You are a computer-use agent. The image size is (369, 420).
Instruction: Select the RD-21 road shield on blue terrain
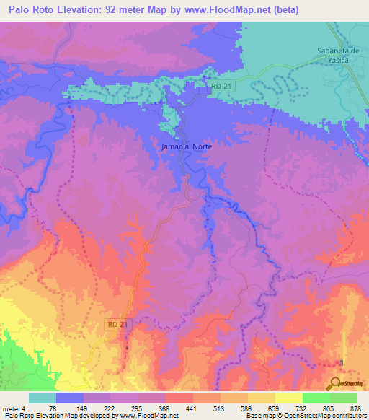221,84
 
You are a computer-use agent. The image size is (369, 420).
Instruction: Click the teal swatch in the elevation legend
43,398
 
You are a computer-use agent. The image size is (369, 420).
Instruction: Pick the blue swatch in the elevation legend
70,398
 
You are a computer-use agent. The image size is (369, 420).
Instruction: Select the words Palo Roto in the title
30,10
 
